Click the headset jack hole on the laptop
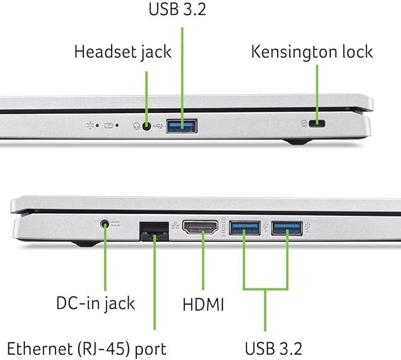coord(146,126)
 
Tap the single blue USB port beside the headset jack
coord(181,126)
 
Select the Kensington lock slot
coord(317,124)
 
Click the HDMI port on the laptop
coord(200,227)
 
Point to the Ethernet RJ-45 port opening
coord(154,231)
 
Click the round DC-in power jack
coord(105,224)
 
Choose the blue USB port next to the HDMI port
coord(244,228)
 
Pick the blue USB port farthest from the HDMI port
coord(287,228)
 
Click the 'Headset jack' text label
coord(123,53)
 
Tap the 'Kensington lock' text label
coord(312,52)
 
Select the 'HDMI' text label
coord(203,305)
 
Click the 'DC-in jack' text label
coord(96,303)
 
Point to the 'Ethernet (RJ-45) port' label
coord(87,349)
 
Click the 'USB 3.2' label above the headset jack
coord(177,9)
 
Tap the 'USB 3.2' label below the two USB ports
coord(273,348)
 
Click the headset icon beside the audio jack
coord(137,126)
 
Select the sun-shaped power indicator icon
coord(90,125)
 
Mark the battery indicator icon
coord(109,126)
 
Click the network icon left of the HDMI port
coord(175,225)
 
